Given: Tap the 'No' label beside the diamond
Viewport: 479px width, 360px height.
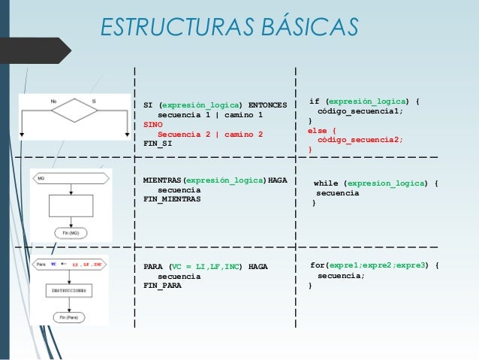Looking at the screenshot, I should click(54, 100).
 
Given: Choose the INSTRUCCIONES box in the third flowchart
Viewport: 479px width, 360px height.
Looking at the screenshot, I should click(70, 289).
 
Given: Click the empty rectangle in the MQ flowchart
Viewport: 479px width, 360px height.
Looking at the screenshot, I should click(70, 205).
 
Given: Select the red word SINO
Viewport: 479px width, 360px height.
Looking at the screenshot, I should click(143, 125).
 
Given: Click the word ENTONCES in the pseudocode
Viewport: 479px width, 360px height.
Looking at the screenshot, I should click(267, 105).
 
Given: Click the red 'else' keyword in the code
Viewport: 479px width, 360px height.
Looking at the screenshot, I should click(317, 130).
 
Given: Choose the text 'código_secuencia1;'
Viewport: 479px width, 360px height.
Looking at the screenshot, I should click(360, 111).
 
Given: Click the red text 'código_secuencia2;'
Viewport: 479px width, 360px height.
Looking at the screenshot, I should click(360, 140).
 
